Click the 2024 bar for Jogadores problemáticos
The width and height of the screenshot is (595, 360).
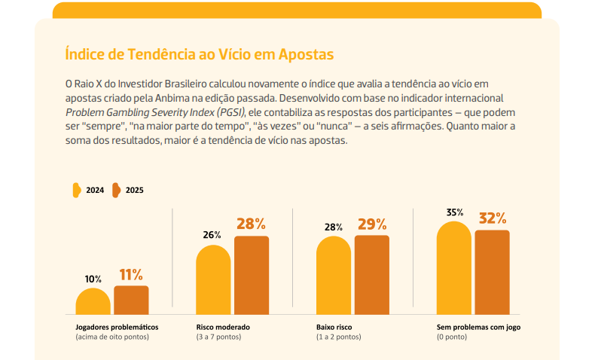click(x=93, y=301)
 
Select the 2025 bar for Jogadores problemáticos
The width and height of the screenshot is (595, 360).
click(x=131, y=300)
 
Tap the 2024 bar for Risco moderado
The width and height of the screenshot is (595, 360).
click(x=213, y=279)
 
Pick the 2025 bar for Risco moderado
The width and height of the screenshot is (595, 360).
click(x=252, y=275)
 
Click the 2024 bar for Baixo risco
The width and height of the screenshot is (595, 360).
click(x=334, y=276)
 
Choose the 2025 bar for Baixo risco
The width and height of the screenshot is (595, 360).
click(x=372, y=274)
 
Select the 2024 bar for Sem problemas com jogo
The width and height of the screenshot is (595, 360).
click(x=454, y=267)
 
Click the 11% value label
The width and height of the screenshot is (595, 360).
click(x=131, y=275)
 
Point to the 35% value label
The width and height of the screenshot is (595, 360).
click(x=454, y=212)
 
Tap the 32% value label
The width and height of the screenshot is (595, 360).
click(x=493, y=218)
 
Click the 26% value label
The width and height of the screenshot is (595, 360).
click(x=212, y=234)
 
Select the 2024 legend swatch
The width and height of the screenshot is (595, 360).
click(x=76, y=190)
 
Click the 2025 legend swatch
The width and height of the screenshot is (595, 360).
click(x=117, y=190)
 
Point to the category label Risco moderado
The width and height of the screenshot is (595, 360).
click(x=223, y=328)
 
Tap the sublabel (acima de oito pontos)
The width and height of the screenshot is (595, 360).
click(x=112, y=337)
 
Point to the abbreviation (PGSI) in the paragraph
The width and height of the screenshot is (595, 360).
click(x=227, y=111)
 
